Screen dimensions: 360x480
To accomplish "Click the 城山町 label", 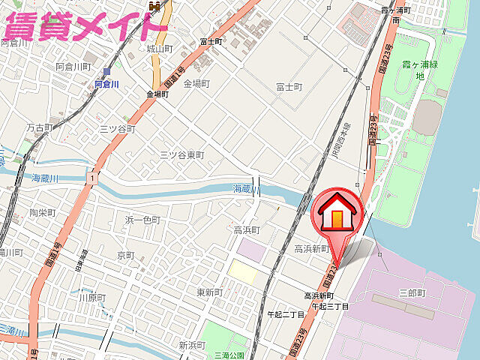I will (160, 49).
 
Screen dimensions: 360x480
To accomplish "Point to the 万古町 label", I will (40, 128).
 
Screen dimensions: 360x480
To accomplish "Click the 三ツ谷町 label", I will (117, 129).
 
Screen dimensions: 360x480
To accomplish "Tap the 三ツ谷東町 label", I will (182, 154).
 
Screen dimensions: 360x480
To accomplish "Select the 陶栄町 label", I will (43, 213).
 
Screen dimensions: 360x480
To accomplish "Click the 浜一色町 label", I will (142, 220).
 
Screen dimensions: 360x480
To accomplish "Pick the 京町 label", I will (125, 255).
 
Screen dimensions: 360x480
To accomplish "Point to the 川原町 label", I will (92, 298).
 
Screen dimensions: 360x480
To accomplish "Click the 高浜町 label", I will (246, 230).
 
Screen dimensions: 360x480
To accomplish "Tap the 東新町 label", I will (210, 292).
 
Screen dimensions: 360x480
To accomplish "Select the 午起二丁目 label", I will (286, 315).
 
